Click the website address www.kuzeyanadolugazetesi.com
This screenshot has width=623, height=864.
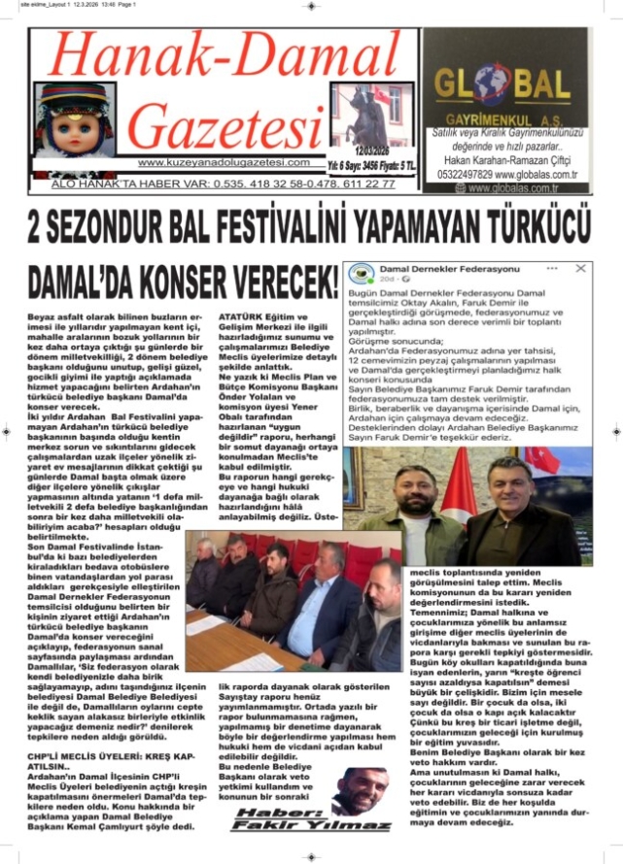pos(224,163)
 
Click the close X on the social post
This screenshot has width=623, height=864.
pos(581,267)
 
